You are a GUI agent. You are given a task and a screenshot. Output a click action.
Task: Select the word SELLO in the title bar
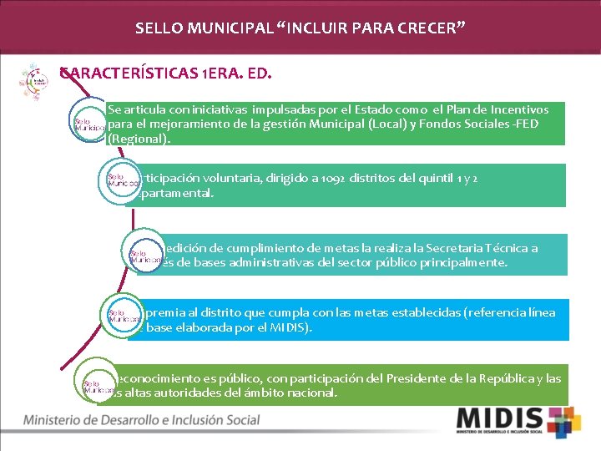click(x=156, y=29)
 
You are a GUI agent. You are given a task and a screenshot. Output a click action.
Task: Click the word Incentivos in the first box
click(x=519, y=109)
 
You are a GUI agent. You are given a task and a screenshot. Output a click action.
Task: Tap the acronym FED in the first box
click(x=527, y=124)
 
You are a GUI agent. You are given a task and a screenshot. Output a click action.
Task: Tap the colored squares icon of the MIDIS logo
click(x=563, y=423)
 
